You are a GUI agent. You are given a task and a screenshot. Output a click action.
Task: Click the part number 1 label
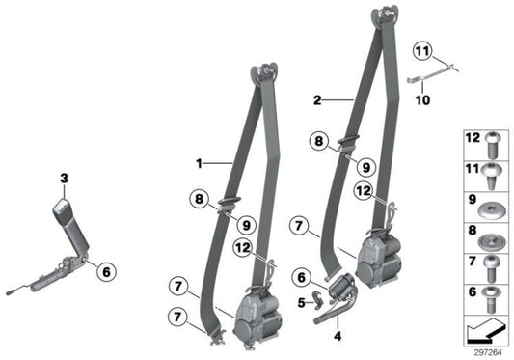(201, 163)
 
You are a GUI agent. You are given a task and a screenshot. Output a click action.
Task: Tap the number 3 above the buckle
(64, 179)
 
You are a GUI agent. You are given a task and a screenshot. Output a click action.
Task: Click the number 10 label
(420, 97)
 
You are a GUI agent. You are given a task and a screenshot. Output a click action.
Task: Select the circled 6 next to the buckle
(105, 271)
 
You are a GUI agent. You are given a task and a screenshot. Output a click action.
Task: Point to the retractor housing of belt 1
(255, 313)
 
